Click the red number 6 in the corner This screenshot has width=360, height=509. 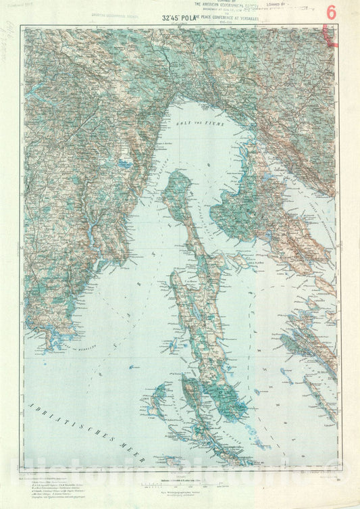pyautogui.click(x=331, y=11)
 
